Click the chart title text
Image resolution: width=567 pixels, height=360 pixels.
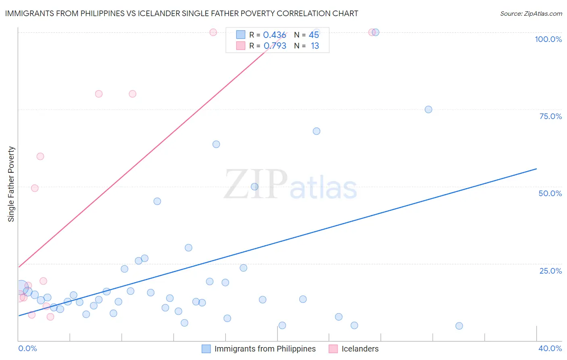click(181, 13)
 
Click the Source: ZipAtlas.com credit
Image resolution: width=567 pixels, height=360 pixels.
click(531, 13)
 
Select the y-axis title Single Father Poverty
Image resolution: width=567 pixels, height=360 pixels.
click(11, 184)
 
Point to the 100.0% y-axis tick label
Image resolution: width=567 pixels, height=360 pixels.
click(548, 39)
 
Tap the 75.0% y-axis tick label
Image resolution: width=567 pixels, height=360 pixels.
click(550, 116)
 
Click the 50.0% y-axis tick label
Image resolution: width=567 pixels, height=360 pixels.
click(550, 193)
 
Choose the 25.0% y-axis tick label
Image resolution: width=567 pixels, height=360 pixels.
click(550, 271)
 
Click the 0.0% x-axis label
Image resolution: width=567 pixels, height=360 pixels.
click(27, 348)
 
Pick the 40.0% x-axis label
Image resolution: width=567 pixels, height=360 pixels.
click(550, 348)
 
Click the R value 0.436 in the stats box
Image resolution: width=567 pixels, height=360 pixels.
click(275, 35)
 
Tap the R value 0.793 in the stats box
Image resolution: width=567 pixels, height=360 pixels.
click(275, 46)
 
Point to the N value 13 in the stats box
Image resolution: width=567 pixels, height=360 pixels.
click(315, 46)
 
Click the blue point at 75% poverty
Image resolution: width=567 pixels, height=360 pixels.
click(428, 109)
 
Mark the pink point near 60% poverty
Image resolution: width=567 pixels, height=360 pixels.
click(40, 157)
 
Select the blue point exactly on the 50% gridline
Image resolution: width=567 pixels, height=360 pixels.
click(254, 186)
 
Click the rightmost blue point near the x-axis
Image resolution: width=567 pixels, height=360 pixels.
click(459, 326)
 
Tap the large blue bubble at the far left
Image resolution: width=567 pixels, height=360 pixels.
click(21, 287)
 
